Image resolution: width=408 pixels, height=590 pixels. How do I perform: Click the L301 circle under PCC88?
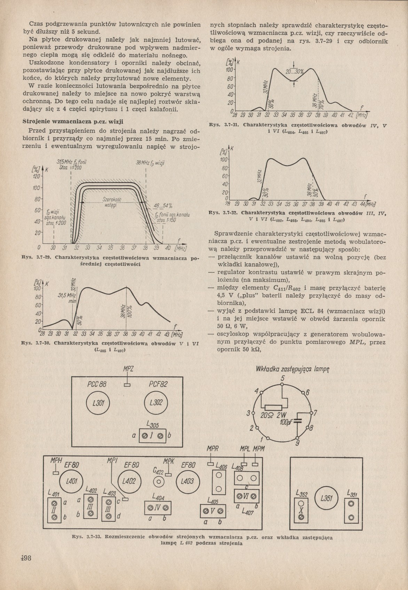point(100,402)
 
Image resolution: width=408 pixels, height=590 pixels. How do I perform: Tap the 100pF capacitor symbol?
point(297,421)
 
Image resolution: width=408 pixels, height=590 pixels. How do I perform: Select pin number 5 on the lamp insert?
point(283,379)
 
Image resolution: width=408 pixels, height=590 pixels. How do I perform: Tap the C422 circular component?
point(159,483)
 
